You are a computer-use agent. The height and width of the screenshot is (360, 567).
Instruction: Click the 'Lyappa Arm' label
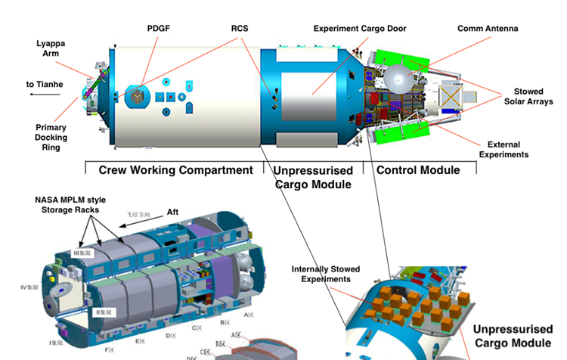51,48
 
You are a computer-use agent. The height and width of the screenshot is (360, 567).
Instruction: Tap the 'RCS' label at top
239,29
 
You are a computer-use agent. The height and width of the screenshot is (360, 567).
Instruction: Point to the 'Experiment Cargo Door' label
360,29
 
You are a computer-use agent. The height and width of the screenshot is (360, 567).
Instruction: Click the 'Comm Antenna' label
488,29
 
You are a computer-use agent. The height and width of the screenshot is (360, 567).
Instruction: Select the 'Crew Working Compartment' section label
175,170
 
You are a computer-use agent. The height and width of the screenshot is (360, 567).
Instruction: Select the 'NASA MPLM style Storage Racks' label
72,204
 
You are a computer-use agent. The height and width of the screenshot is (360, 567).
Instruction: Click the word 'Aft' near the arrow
172,213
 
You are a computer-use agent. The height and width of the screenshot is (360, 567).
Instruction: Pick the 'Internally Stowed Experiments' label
326,274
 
